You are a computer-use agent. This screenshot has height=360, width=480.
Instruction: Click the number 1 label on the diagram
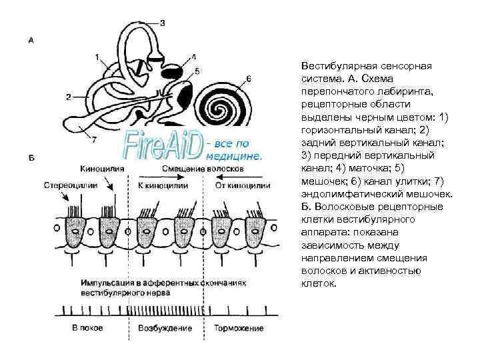[97, 57]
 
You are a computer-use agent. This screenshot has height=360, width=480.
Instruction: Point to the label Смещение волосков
[203, 169]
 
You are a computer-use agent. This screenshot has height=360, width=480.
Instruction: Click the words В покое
[88, 329]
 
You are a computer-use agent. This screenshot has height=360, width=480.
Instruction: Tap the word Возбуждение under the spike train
[164, 329]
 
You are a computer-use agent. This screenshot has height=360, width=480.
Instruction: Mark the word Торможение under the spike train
[239, 329]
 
